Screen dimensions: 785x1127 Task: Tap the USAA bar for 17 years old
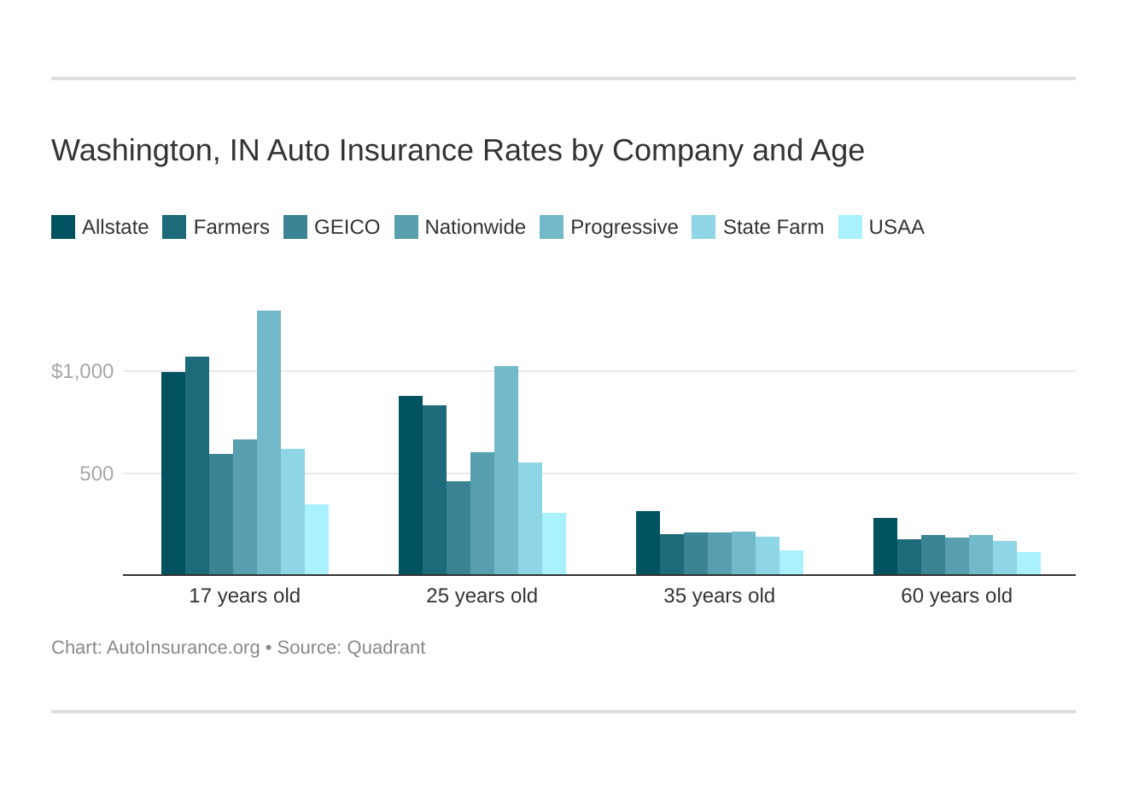(317, 539)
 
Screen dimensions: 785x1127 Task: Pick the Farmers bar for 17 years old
(197, 465)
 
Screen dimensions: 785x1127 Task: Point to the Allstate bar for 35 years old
(648, 543)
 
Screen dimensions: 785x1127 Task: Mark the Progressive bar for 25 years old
(506, 470)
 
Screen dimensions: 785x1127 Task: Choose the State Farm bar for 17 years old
(293, 511)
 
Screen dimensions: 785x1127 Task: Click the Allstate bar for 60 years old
(885, 546)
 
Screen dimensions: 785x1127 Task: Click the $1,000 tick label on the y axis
(82, 371)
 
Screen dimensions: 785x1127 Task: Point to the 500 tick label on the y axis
(96, 474)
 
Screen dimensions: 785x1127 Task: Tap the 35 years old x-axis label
(719, 596)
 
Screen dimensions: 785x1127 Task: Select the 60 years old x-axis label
(956, 596)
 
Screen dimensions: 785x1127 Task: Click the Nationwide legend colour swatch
(406, 227)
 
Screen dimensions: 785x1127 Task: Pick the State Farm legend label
(773, 227)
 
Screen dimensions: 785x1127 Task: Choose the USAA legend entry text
(896, 227)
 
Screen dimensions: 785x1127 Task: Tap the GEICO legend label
(347, 227)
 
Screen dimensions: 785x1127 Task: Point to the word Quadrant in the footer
(386, 648)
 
